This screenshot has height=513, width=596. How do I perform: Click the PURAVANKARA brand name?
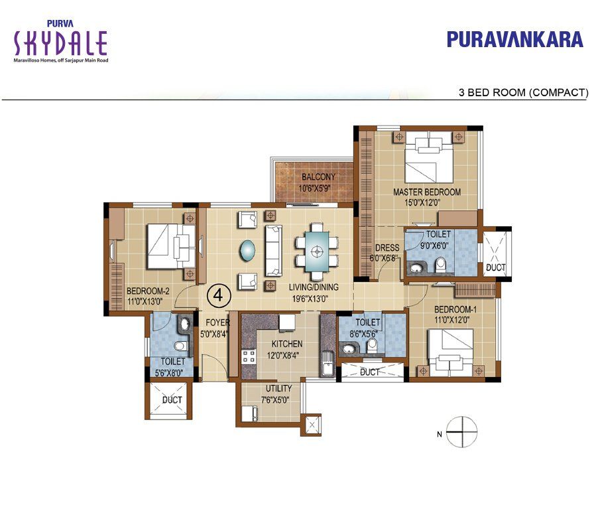point(514,39)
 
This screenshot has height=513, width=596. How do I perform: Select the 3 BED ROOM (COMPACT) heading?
point(523,92)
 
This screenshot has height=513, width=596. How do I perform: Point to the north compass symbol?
point(462,432)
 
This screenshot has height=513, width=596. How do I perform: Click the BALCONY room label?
point(318,182)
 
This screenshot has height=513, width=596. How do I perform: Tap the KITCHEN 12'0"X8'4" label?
point(286,349)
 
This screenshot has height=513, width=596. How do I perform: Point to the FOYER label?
point(216,329)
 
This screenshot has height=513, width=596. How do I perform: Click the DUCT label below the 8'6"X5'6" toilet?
point(370,372)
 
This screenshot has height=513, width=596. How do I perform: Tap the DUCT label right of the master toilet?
point(495,268)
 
